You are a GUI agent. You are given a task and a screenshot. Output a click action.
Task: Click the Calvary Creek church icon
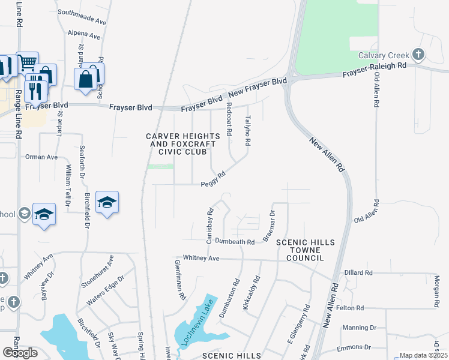coord(419,55)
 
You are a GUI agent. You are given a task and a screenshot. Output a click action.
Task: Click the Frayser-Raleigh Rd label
coord(374,70)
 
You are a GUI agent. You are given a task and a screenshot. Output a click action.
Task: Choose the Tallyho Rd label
coord(247,130)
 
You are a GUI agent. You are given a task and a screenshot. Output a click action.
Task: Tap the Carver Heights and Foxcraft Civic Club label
coord(183,144)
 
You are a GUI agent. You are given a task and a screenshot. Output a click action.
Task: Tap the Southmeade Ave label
coord(82,16)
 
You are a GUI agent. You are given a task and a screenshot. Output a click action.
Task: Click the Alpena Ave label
coord(84,34)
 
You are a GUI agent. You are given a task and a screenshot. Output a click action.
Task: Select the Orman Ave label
coord(41,157)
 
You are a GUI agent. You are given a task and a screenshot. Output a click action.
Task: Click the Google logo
coord(20,352)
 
